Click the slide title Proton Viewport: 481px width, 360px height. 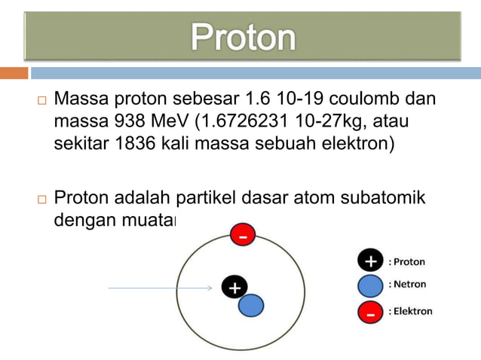click(243, 37)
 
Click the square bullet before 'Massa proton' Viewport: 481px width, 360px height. click(41, 100)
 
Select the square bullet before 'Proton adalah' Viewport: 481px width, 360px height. click(41, 199)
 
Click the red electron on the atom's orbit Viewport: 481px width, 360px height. click(242, 236)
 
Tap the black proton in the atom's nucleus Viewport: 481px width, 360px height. click(234, 288)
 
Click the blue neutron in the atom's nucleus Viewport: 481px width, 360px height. click(251, 304)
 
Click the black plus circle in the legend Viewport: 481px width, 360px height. click(369, 261)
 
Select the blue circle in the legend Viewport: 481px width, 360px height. click(369, 285)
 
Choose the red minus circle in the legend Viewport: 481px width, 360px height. click(369, 310)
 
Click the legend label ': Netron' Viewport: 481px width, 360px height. click(407, 285)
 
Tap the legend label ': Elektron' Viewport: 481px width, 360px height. click(410, 310)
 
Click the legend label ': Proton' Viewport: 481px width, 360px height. click(407, 262)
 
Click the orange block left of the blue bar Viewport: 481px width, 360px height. click(14, 73)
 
